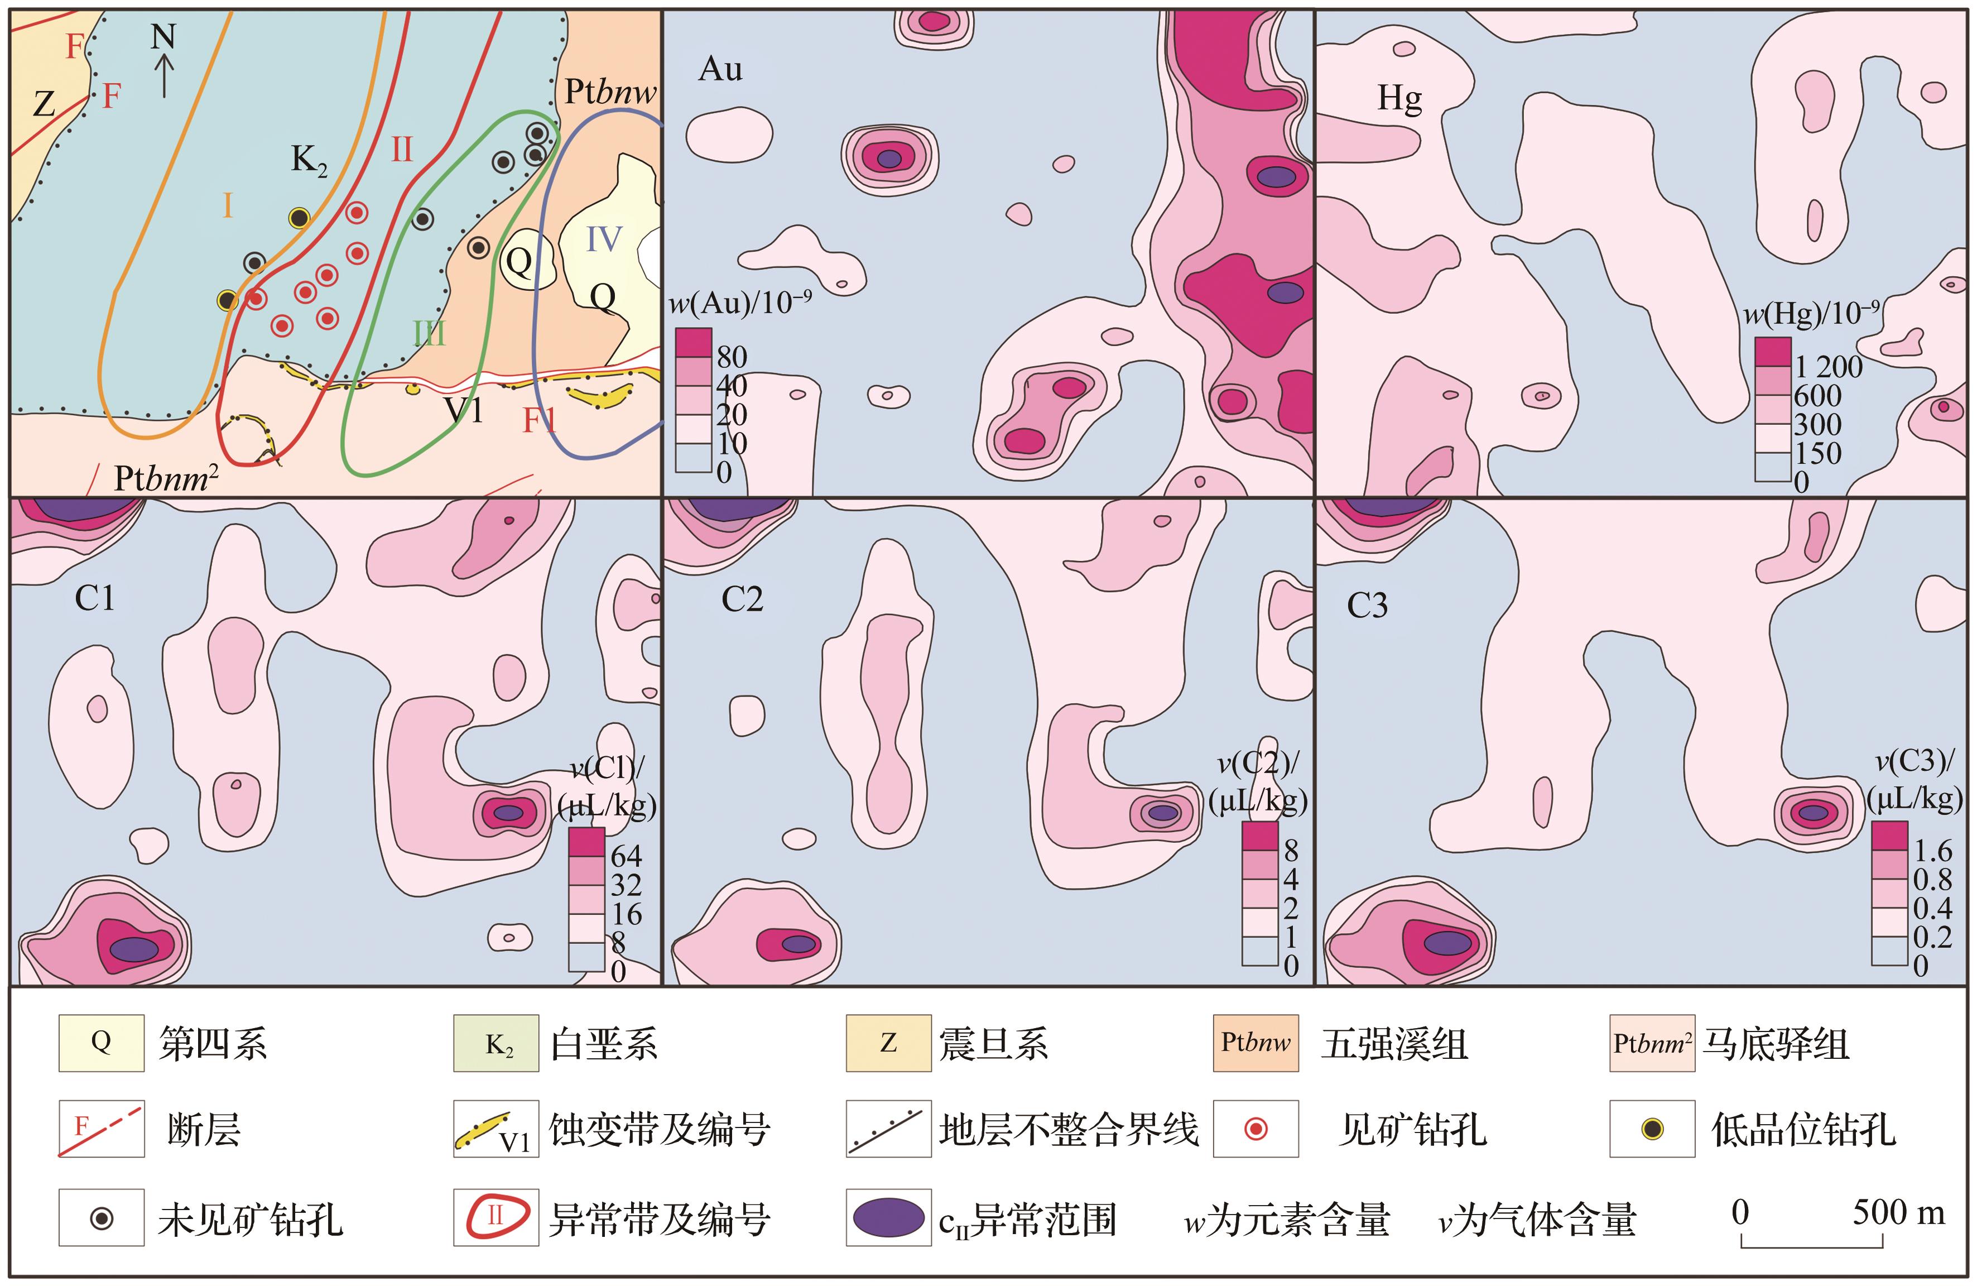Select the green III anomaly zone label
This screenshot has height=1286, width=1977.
pyautogui.click(x=430, y=333)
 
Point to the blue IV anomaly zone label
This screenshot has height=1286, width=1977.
pyautogui.click(x=603, y=239)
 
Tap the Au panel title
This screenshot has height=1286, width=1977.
pyautogui.click(x=720, y=69)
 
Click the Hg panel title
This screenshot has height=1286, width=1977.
pyautogui.click(x=1399, y=98)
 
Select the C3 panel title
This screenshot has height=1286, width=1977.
pyautogui.click(x=1367, y=606)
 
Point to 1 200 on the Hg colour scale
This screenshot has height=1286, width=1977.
pyautogui.click(x=1827, y=366)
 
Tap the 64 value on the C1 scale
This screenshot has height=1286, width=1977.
pyautogui.click(x=626, y=856)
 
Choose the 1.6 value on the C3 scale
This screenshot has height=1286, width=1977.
pyautogui.click(x=1933, y=851)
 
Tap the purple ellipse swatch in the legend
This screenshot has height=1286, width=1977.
pyautogui.click(x=888, y=1218)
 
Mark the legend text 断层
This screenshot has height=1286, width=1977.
pyautogui.click(x=204, y=1130)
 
